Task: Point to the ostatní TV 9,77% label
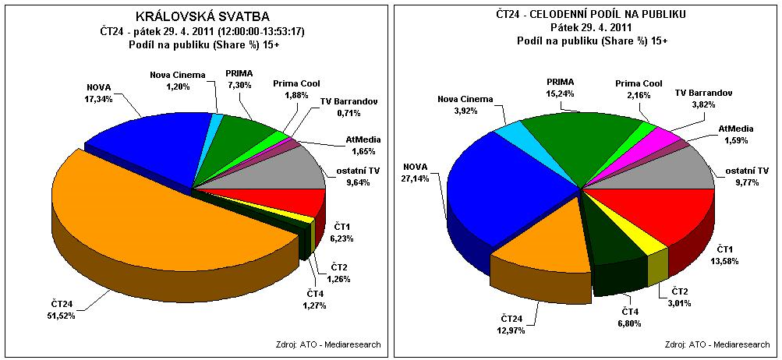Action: coord(747,175)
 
